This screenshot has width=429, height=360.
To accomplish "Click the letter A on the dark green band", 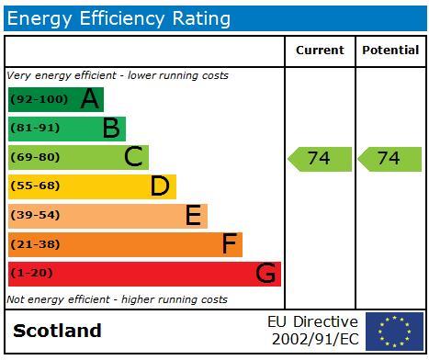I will click(x=89, y=99).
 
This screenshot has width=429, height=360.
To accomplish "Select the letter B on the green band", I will click(x=111, y=129).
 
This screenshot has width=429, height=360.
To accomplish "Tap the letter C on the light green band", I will click(x=134, y=157).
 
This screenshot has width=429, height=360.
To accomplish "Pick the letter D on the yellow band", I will click(x=161, y=186).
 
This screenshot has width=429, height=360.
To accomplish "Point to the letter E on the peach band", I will click(x=193, y=216).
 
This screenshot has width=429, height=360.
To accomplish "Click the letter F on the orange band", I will click(x=230, y=244).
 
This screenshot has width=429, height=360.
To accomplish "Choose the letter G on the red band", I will click(x=265, y=274).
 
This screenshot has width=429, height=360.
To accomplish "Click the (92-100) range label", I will click(x=40, y=99).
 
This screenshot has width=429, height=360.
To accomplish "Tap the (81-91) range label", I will click(x=35, y=129).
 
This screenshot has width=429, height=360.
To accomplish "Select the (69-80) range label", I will click(x=35, y=157).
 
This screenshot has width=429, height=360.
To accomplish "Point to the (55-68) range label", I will click(x=35, y=186).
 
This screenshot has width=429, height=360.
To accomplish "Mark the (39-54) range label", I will click(x=35, y=216).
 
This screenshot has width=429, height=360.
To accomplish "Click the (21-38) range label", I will click(x=35, y=244).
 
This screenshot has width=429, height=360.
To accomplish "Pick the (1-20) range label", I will click(x=31, y=274).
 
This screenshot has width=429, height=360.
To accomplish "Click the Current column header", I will click(x=320, y=51).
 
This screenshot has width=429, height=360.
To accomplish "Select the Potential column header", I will click(x=390, y=51).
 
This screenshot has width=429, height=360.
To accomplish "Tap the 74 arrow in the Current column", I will click(x=320, y=159).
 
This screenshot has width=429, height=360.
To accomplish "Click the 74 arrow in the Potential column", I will click(x=389, y=159).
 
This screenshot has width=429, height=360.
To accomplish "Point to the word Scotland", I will click(x=57, y=331).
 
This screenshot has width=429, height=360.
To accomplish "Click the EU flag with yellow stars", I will click(x=394, y=332).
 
